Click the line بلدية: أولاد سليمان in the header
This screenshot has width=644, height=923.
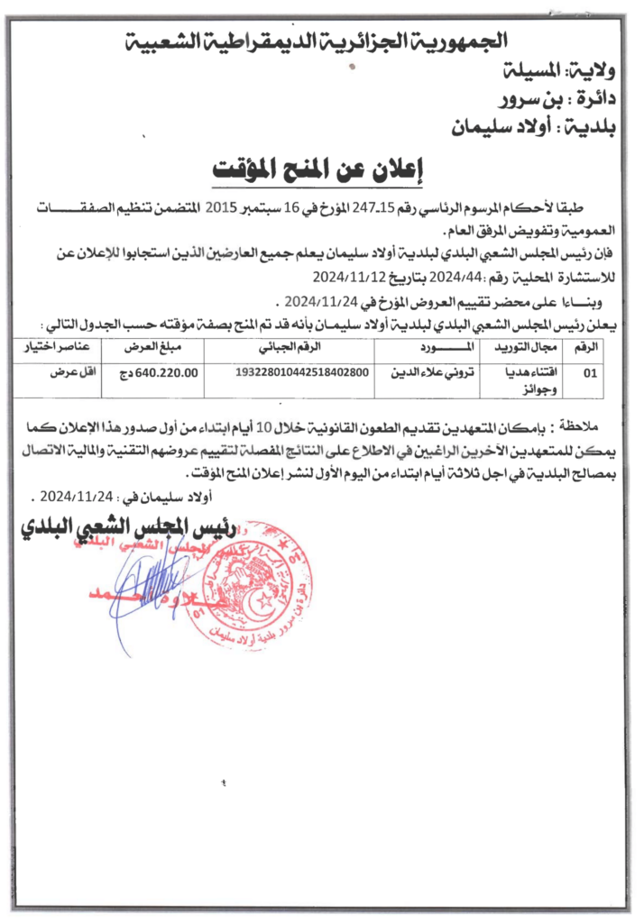[x=533, y=127]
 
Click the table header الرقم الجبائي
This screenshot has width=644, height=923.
[x=290, y=346]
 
